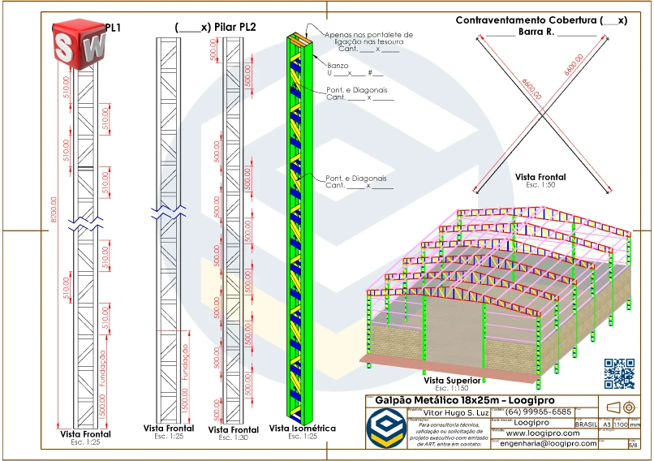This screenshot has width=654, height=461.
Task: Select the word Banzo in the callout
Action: tap(338, 65)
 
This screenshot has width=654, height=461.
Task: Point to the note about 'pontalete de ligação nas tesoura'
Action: tap(368, 39)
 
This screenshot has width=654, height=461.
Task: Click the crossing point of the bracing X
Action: tap(543, 114)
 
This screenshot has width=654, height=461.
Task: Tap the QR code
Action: tap(620, 373)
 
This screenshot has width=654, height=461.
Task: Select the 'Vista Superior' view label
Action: tap(449, 379)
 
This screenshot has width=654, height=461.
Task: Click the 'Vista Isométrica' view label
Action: tap(302, 428)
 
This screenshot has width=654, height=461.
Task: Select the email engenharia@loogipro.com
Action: tap(549, 444)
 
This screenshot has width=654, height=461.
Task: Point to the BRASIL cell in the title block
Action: tap(586, 424)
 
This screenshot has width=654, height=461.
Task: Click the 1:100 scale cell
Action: tap(621, 424)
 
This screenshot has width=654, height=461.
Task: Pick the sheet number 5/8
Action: tap(634, 445)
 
